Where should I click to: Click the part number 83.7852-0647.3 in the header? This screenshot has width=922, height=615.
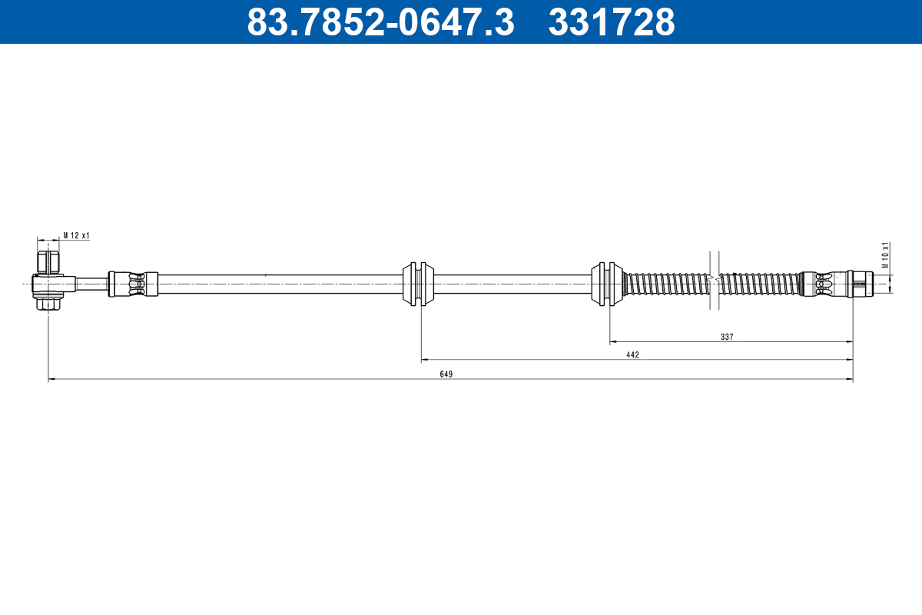click(380, 22)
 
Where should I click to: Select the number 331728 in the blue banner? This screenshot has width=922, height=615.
click(611, 22)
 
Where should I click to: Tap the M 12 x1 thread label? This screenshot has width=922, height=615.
click(76, 235)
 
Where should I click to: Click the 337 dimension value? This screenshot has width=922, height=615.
click(727, 336)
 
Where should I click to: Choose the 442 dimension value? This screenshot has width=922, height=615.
click(632, 355)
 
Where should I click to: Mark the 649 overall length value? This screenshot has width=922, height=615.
click(446, 374)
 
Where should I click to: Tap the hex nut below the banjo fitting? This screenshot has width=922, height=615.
click(48, 304)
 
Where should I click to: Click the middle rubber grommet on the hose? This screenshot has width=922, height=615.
click(420, 284)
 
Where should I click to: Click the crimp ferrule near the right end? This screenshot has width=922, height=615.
click(822, 284)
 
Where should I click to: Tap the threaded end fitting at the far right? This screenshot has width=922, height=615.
click(861, 284)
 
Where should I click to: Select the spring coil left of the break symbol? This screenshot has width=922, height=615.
click(667, 284)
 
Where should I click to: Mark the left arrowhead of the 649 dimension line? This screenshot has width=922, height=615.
click(51, 379)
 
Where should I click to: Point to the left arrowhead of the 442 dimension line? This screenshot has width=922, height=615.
click(424, 360)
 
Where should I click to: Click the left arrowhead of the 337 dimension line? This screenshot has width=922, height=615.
click(613, 341)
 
